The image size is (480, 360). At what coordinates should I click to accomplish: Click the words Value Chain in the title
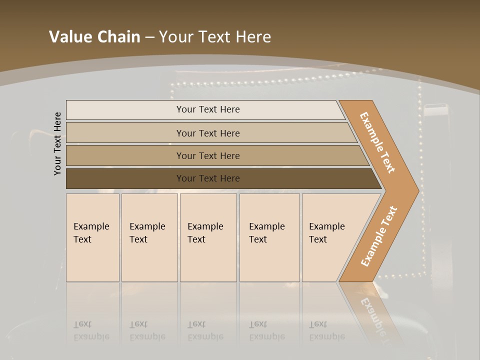(x=94, y=37)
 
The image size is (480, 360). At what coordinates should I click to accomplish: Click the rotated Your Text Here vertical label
(x=57, y=143)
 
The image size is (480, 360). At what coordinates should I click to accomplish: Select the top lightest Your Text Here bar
(x=207, y=109)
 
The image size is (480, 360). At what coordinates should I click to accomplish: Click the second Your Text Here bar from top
(x=207, y=133)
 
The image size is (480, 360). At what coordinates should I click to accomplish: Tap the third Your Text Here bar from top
(x=207, y=155)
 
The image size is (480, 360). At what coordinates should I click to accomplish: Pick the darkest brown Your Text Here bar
(x=207, y=178)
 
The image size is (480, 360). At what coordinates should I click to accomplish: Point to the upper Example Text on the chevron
(x=377, y=142)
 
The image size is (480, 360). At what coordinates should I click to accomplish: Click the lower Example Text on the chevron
(x=378, y=236)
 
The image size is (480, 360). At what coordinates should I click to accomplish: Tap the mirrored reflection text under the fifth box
(x=326, y=330)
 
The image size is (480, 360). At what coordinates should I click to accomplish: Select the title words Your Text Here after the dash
(x=215, y=37)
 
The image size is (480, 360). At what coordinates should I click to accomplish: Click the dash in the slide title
(x=149, y=37)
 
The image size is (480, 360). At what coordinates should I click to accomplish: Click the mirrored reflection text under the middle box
(x=205, y=330)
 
